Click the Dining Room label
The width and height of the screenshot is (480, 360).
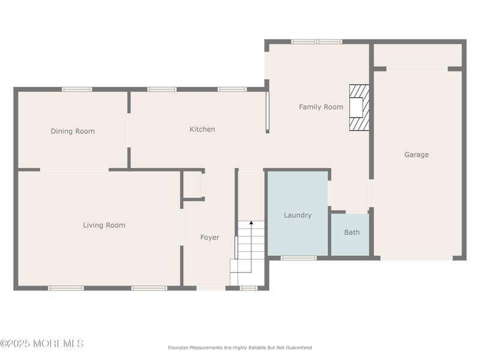click(x=73, y=131)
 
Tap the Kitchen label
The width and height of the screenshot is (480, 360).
click(x=202, y=129)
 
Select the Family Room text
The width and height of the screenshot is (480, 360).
click(x=321, y=107)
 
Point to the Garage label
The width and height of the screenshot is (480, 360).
click(x=416, y=155)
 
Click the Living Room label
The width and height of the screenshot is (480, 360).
click(x=104, y=226)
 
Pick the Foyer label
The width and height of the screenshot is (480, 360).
click(x=209, y=238)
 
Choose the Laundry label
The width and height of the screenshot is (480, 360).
click(x=298, y=215)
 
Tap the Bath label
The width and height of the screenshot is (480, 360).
click(x=352, y=232)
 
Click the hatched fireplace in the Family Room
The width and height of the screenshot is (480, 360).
click(x=359, y=108)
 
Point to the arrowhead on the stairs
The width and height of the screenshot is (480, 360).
click(x=251, y=223)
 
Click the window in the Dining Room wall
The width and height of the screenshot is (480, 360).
click(x=77, y=89)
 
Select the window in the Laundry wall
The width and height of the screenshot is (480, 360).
click(x=298, y=258)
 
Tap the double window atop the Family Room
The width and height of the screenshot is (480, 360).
click(x=317, y=41)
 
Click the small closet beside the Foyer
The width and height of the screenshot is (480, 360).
click(x=193, y=185)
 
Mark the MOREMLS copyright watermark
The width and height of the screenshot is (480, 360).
click(x=42, y=343)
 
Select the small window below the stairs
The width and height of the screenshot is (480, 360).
click(x=248, y=288)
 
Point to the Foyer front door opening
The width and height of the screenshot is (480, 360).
click(x=211, y=288)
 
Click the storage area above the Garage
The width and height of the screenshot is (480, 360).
click(x=418, y=55)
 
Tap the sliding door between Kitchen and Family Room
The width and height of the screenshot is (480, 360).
click(x=267, y=112)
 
